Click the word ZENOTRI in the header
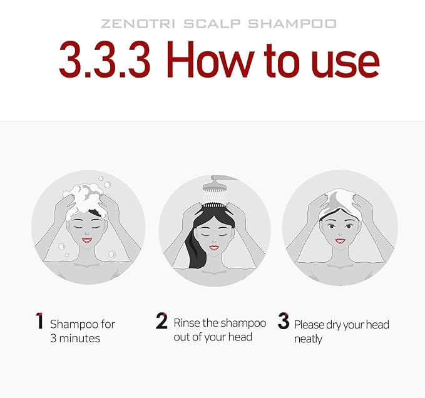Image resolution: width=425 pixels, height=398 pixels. [138, 24]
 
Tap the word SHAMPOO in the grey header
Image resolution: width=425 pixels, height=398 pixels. [292, 24]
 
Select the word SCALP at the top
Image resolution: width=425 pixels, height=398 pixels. [212, 24]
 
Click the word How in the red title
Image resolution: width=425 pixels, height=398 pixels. [210, 59]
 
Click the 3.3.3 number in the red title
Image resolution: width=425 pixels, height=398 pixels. [105, 59]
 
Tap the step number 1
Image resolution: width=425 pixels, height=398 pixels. [39, 321]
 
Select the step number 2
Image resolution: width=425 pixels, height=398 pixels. [161, 321]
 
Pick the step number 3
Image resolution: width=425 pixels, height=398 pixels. [284, 321]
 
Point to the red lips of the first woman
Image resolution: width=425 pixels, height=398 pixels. [87, 240]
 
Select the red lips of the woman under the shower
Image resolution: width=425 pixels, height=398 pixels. [214, 248]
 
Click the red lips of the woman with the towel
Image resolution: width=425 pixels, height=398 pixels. [340, 240]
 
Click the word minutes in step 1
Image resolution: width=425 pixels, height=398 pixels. [79, 339]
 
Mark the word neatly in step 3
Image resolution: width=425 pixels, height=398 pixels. [308, 339]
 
